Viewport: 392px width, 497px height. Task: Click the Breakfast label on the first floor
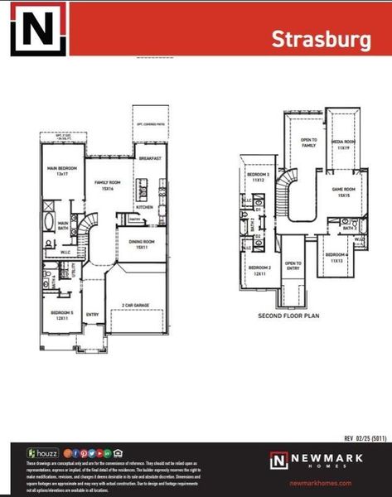point(149,157)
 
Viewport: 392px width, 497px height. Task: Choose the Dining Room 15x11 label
point(142,244)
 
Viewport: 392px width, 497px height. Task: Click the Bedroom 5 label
point(56,314)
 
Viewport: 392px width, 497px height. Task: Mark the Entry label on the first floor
point(92,314)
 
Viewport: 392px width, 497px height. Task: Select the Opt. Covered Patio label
point(149,124)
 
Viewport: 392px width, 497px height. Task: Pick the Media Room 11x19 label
point(343,144)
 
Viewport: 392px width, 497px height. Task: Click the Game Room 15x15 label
point(343,191)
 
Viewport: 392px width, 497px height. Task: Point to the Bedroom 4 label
point(336,257)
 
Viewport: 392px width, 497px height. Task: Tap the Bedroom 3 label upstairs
point(259,177)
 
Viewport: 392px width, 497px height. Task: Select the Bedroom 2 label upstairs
point(260,270)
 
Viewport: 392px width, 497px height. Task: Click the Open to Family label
point(308,142)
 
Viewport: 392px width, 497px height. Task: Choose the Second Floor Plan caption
point(289,316)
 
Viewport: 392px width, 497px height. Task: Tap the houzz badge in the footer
point(43,453)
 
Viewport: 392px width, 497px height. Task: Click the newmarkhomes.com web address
point(322,483)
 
